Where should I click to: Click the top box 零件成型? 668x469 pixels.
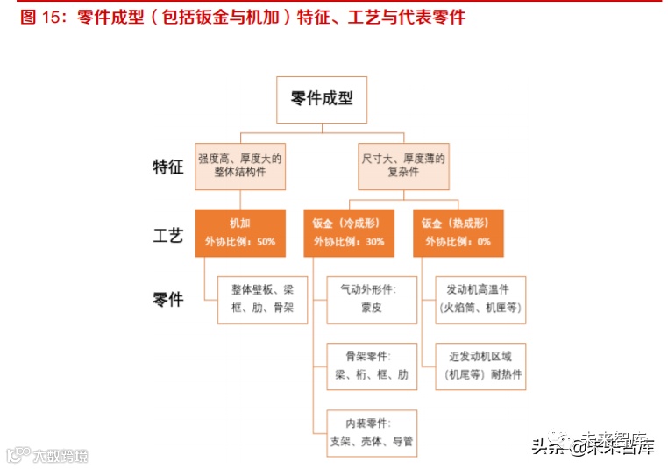[x=322, y=99]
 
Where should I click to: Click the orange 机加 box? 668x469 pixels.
[x=239, y=232]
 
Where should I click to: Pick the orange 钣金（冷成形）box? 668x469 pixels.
[x=349, y=232]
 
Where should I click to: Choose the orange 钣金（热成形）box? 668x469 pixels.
[x=458, y=232]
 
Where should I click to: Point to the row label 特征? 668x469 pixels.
[x=168, y=167]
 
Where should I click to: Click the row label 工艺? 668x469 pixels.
[x=168, y=234]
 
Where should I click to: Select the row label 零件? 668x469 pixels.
[x=168, y=300]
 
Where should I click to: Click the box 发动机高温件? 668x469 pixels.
[x=480, y=299]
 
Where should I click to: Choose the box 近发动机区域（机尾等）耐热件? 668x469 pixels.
[x=480, y=366]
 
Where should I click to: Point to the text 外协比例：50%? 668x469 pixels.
[x=239, y=241]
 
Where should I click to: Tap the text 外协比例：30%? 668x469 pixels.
[x=349, y=241]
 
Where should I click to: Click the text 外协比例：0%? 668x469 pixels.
[x=458, y=241]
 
